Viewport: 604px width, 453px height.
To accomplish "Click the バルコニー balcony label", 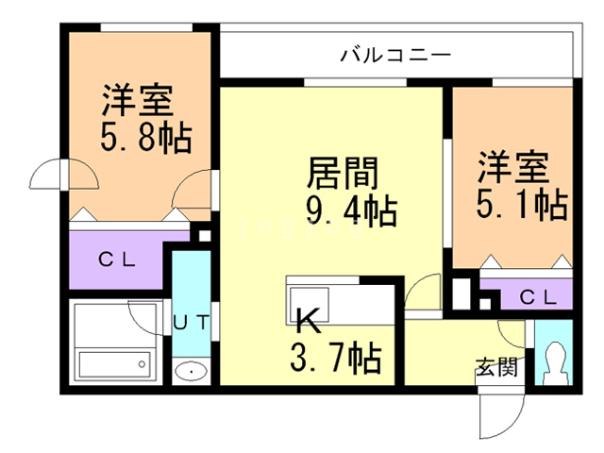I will coord(396,55).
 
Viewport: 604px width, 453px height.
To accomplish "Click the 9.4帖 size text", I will coord(349,210).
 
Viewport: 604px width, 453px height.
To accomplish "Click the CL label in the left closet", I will coord(117,259).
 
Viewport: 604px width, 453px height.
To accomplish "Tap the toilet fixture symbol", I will coord(555,360).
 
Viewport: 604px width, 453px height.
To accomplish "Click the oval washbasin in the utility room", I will coord(192,371).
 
